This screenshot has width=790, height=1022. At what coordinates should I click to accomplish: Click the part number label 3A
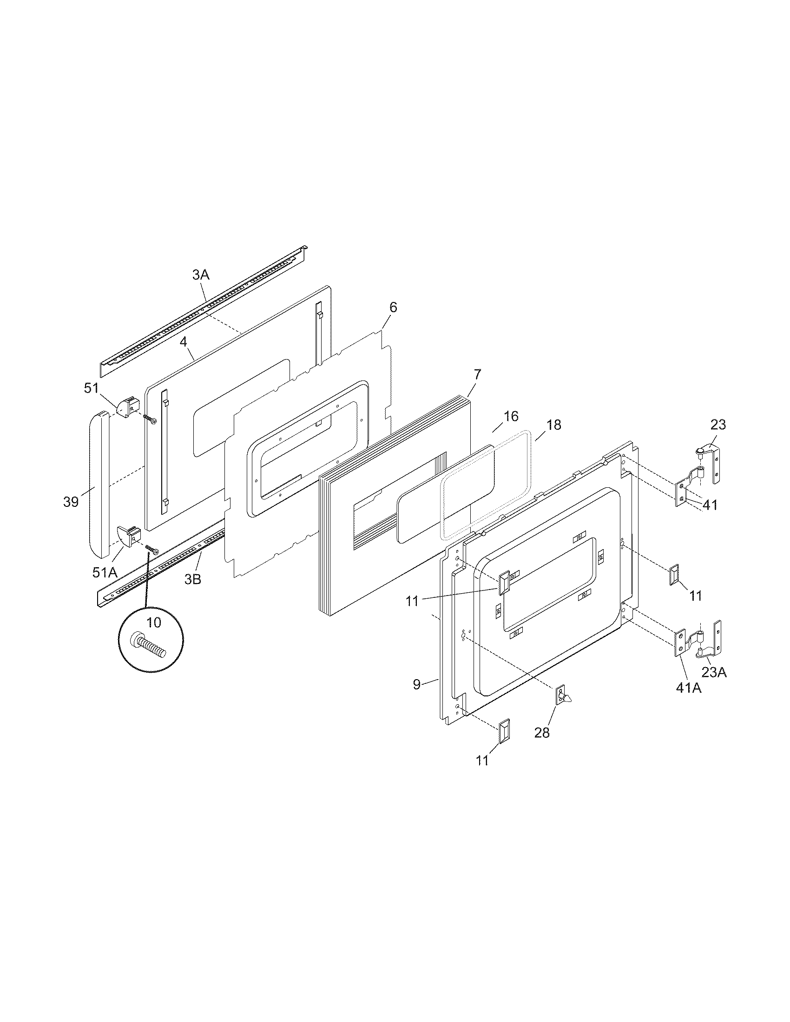201,275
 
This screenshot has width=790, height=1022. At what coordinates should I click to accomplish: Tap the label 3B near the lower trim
192,579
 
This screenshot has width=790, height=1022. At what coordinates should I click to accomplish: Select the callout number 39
71,502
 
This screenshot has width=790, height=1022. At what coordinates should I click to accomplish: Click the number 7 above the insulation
477,374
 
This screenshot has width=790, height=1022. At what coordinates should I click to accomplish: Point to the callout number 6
393,308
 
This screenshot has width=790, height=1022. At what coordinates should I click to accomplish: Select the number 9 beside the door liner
416,685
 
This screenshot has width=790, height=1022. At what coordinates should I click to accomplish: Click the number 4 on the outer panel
184,342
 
